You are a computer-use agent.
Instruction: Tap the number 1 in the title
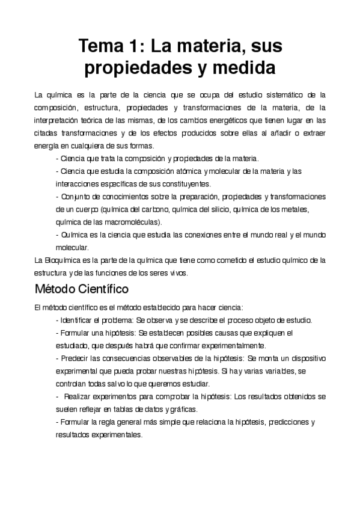click(140, 46)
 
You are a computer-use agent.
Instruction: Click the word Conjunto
click(76, 197)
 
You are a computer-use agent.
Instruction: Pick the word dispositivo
click(307, 358)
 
